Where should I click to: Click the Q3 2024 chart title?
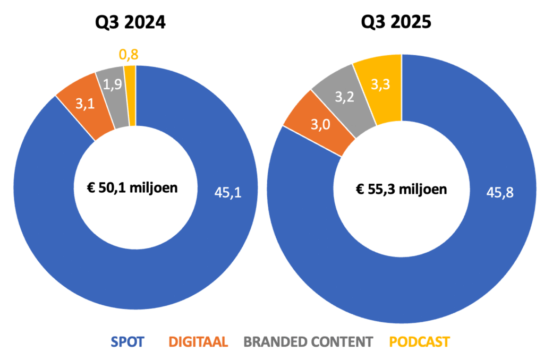click(130, 22)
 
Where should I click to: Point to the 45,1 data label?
click(228, 193)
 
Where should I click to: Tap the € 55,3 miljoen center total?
click(401, 188)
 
